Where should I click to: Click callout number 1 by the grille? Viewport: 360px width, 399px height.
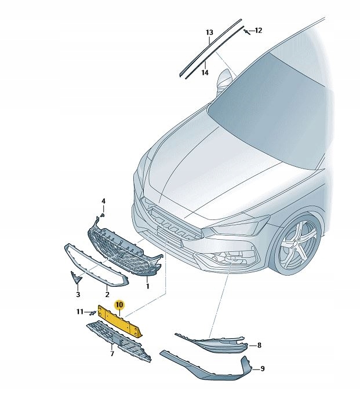[x=147, y=286]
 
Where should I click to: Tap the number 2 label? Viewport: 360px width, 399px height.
[x=107, y=295]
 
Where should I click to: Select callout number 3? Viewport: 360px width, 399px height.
[x=78, y=295]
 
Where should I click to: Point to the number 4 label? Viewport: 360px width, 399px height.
[x=104, y=201]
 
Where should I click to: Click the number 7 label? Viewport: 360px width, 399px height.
[x=112, y=353]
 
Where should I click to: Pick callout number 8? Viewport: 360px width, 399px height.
[x=259, y=346]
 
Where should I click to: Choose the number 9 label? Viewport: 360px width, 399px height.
[x=262, y=369]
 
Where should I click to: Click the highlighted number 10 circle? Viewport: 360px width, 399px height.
[x=119, y=304]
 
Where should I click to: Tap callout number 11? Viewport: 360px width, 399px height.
[x=80, y=312]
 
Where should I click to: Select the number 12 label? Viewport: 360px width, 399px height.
[x=259, y=30]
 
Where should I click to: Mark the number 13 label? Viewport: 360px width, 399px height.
[x=209, y=32]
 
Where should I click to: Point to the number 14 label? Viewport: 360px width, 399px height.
[x=205, y=73]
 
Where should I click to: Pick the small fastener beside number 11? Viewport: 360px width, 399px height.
[x=92, y=313]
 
